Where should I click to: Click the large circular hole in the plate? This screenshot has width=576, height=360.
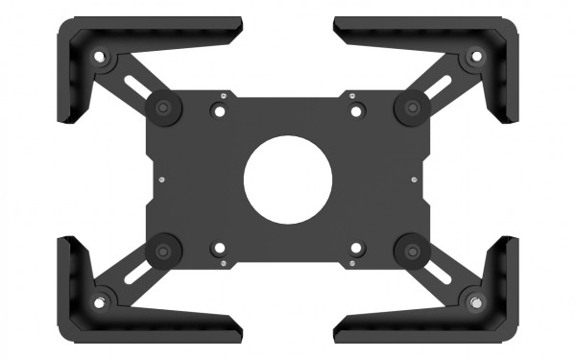coord(287,180)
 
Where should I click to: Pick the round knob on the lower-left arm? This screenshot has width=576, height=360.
coord(162,252)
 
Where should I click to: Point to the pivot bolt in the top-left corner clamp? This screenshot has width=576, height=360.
coord(101,57)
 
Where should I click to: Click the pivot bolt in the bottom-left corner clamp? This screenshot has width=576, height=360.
coord(101,302)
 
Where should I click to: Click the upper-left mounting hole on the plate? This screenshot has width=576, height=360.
coord(220,111)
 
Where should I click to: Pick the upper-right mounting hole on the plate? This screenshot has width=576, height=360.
coord(356,111)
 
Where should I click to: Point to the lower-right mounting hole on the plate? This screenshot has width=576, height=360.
coord(356,248)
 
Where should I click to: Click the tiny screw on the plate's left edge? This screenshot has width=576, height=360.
coord(162,179)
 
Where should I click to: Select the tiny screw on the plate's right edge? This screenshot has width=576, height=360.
coord(414,179)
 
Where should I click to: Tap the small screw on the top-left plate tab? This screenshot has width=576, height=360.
coord(224,95)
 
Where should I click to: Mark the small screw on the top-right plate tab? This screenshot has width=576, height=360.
coord(352,95)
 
